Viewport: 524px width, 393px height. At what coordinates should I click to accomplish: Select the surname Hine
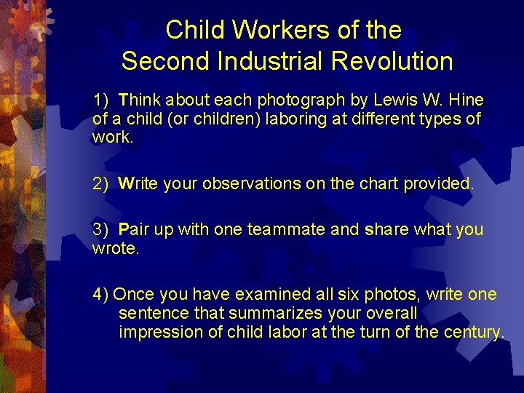tap(468, 100)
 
